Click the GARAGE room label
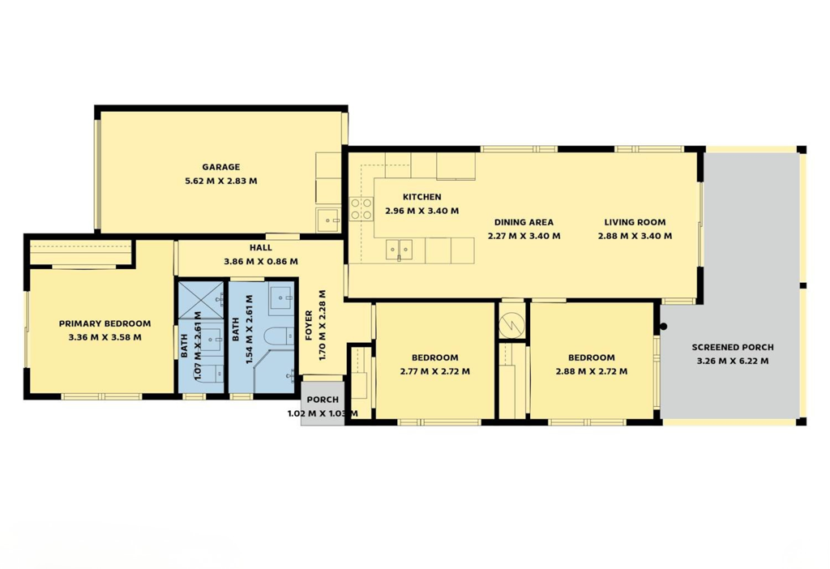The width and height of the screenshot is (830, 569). [220, 167]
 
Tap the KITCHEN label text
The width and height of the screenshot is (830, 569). [421, 197]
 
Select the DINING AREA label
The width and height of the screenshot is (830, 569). [524, 222]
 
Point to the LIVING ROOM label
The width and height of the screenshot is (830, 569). [635, 222]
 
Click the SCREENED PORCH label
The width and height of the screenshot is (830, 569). [733, 347]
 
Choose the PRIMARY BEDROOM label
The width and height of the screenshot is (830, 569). [105, 323]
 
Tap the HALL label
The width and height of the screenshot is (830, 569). [261, 247]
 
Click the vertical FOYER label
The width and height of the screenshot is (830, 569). [309, 326]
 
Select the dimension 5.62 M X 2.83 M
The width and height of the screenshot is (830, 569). [220, 181]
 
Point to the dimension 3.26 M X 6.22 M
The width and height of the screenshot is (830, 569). [733, 361]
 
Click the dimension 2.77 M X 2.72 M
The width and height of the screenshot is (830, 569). [435, 371]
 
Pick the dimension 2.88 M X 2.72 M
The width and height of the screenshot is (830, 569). [592, 371]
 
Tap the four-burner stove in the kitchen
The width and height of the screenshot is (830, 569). [361, 208]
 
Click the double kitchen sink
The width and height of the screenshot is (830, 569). [399, 250]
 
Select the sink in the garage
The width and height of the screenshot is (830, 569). [329, 220]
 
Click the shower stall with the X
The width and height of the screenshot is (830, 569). [201, 300]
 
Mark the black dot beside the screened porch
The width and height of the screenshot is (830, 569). [663, 327]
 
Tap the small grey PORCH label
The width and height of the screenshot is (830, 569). [323, 400]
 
